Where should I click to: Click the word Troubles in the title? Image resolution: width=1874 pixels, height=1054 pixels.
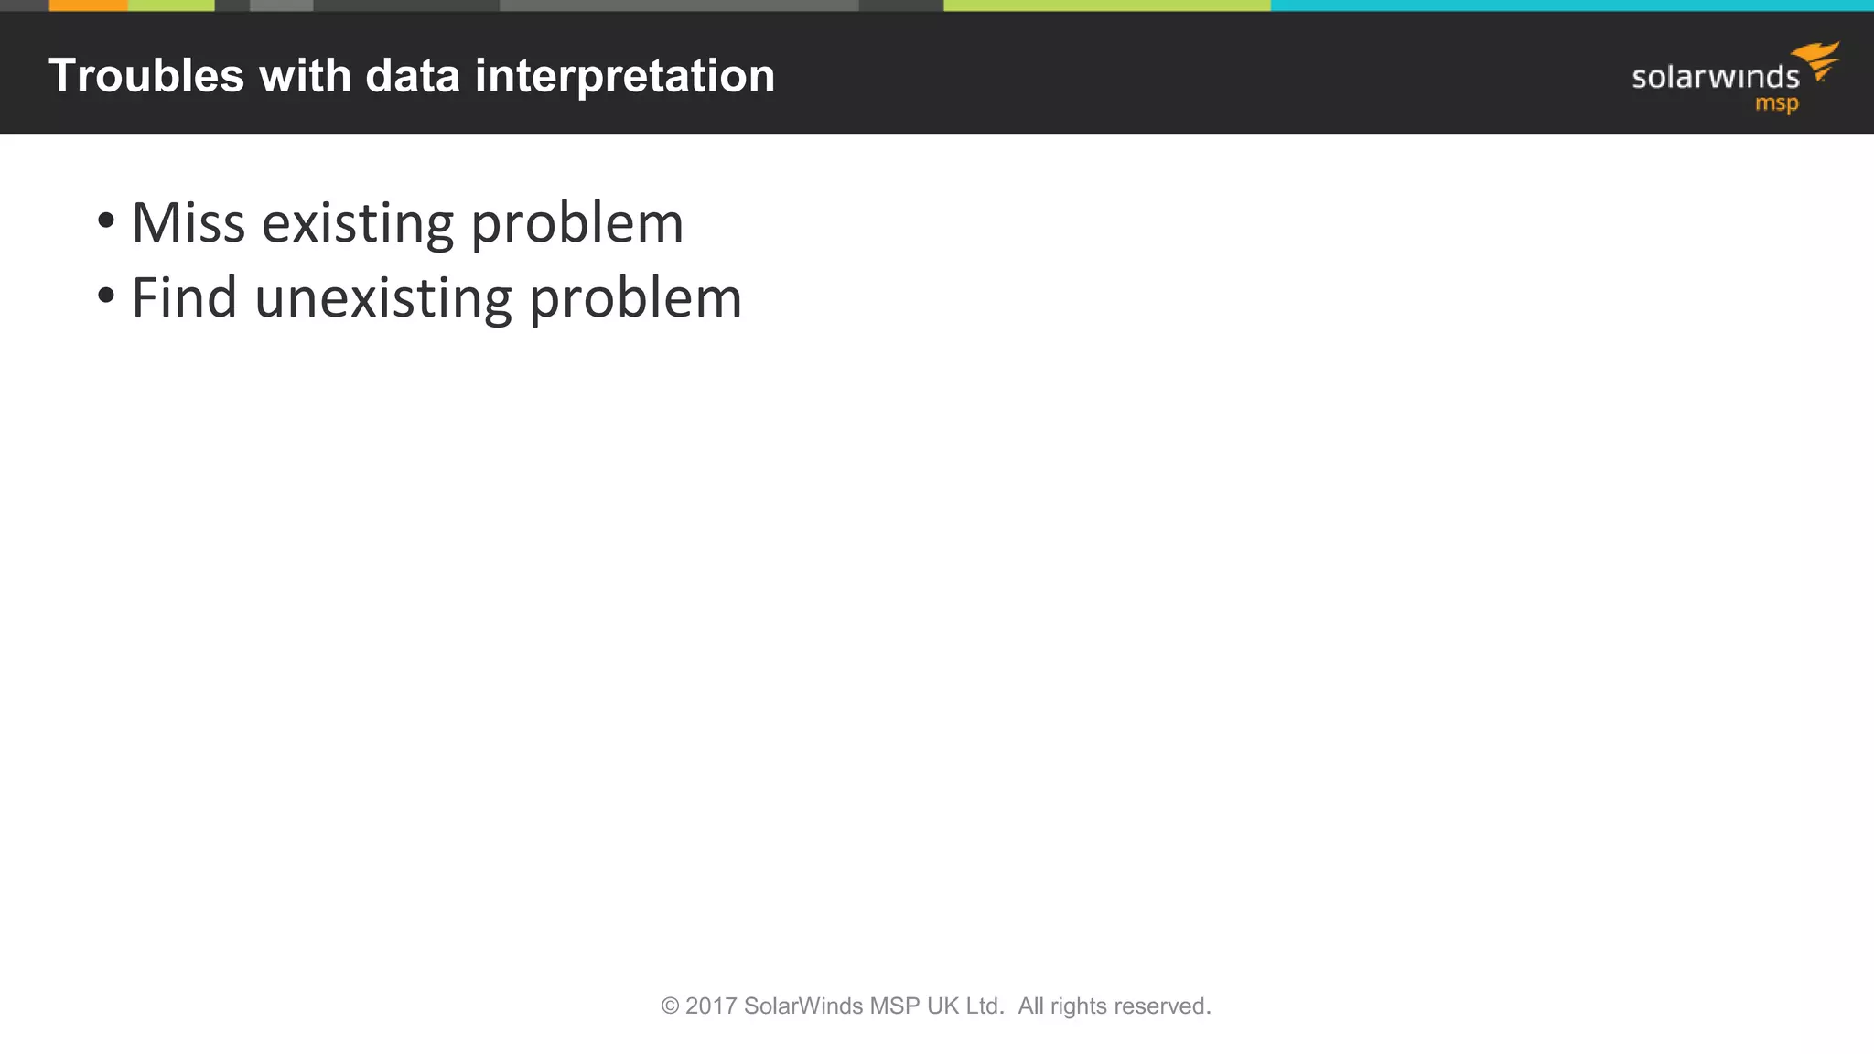pyautogui.click(x=146, y=76)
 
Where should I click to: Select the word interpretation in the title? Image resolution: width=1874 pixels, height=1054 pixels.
pyautogui.click(x=624, y=76)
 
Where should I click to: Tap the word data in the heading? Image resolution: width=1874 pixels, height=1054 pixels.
pyautogui.click(x=412, y=76)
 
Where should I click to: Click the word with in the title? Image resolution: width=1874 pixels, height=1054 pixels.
pyautogui.click(x=305, y=76)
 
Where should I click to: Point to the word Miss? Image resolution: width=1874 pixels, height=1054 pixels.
pyautogui.click(x=188, y=223)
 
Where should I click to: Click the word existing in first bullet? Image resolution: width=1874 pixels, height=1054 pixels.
pyautogui.click(x=358, y=223)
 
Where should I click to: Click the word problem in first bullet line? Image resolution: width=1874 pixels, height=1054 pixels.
pyautogui.click(x=576, y=223)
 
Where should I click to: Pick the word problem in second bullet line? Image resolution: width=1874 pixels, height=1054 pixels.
pyautogui.click(x=635, y=298)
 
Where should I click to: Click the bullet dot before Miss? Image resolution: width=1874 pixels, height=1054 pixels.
pyautogui.click(x=106, y=220)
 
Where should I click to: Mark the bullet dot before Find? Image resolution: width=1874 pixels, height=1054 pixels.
pyautogui.click(x=106, y=296)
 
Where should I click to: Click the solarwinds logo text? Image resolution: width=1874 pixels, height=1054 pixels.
pyautogui.click(x=1715, y=78)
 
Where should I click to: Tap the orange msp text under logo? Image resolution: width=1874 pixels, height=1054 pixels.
pyautogui.click(x=1776, y=103)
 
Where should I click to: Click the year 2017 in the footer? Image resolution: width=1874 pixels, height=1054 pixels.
pyautogui.click(x=711, y=1006)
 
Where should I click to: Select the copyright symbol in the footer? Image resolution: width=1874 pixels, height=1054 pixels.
pyautogui.click(x=670, y=1006)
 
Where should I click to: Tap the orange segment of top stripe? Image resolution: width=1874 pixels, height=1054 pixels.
pyautogui.click(x=88, y=5)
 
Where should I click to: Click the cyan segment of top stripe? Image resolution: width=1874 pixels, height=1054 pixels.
pyautogui.click(x=1570, y=5)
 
